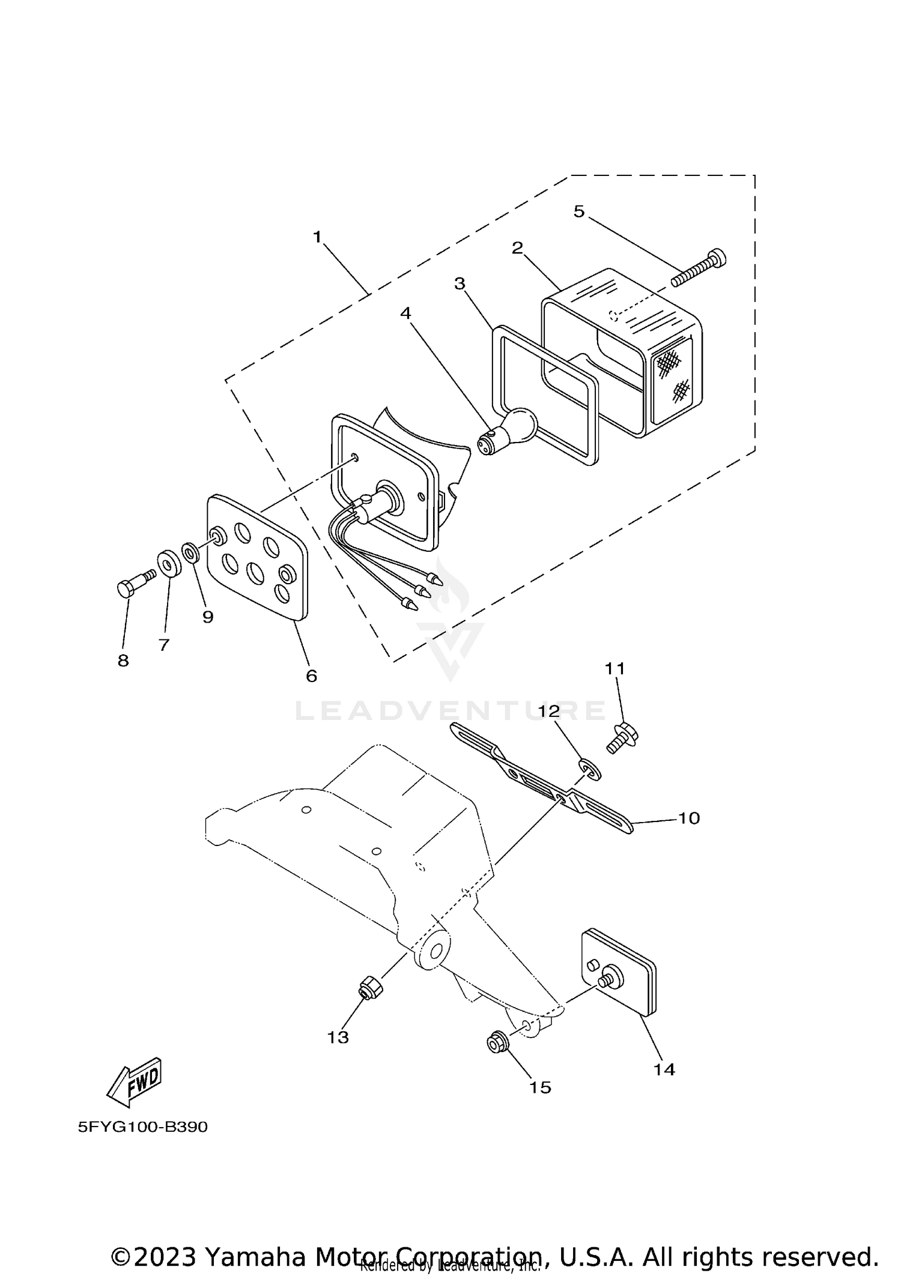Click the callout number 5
(578, 211)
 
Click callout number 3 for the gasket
(460, 283)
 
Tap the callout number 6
(311, 676)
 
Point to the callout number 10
(689, 818)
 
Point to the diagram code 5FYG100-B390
(143, 1127)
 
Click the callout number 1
(317, 237)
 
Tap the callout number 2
(517, 248)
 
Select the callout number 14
(664, 1069)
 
